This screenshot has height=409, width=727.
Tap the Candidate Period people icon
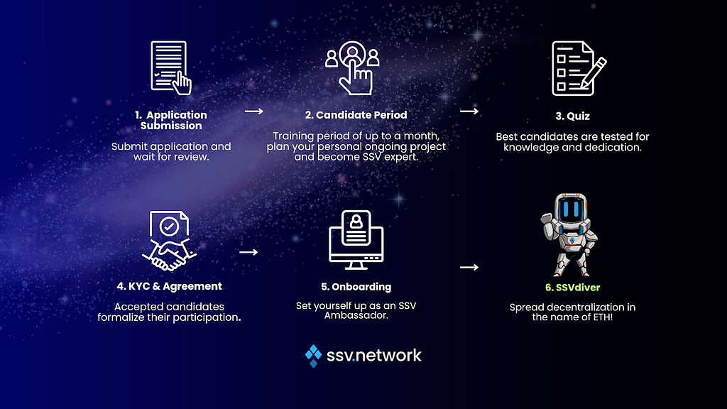point(352,67)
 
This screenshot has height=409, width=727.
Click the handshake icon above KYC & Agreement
point(169,240)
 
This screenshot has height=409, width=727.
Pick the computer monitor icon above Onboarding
point(356,240)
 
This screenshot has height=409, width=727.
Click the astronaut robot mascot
point(570,234)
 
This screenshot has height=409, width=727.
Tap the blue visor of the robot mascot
point(570,209)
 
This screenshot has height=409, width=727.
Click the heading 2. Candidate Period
point(356,115)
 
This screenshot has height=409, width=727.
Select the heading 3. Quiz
point(573,116)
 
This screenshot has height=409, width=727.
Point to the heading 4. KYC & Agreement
point(169,286)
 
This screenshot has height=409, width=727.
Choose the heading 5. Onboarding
point(356,287)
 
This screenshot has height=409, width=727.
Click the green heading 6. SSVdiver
point(573,288)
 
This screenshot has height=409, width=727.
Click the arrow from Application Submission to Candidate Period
point(254,111)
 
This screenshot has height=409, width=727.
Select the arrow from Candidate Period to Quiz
point(469,111)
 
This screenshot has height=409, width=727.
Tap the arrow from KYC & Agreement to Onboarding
point(248,252)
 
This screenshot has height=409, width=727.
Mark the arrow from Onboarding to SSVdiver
point(469,267)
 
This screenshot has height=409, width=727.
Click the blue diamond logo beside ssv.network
point(313,356)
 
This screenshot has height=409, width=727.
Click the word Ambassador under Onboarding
point(356,315)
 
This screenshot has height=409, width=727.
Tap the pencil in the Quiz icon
point(594,72)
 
